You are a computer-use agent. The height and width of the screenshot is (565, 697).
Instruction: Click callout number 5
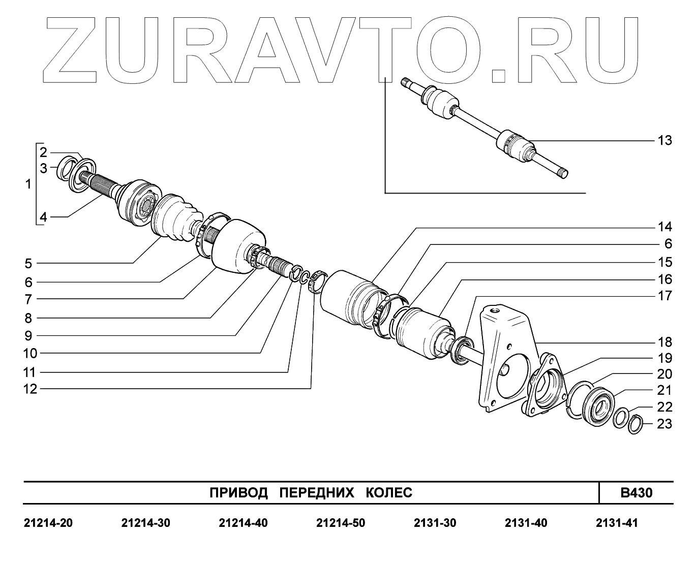[x=28, y=263]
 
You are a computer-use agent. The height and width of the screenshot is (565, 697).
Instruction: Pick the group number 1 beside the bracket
[x=28, y=184]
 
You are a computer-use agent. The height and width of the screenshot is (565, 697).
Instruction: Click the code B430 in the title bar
[x=636, y=492]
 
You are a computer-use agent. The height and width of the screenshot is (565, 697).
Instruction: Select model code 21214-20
[x=48, y=523]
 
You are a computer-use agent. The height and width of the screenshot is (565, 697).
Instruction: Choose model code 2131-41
[x=617, y=523]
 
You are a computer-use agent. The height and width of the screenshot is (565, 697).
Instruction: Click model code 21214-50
[x=340, y=523]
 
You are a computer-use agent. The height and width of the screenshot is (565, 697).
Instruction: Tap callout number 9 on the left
[x=28, y=335]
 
